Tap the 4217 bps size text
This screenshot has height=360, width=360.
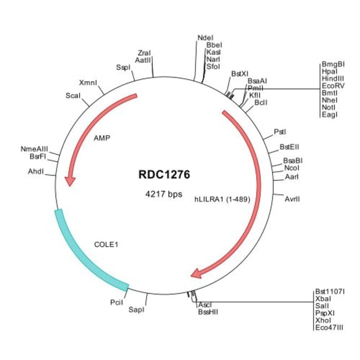pyautogui.click(x=164, y=194)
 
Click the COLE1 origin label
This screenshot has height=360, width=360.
pyautogui.click(x=106, y=243)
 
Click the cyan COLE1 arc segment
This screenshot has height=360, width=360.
pyautogui.click(x=83, y=255)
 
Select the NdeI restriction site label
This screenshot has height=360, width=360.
pyautogui.click(x=204, y=38)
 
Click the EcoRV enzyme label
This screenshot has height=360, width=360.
pyautogui.click(x=332, y=86)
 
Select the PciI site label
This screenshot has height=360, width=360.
pyautogui.click(x=116, y=303)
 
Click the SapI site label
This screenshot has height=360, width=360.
pyautogui.click(x=136, y=310)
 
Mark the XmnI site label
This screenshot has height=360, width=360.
pyautogui.click(x=88, y=83)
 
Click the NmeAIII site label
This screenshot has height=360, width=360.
pyautogui.click(x=34, y=149)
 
